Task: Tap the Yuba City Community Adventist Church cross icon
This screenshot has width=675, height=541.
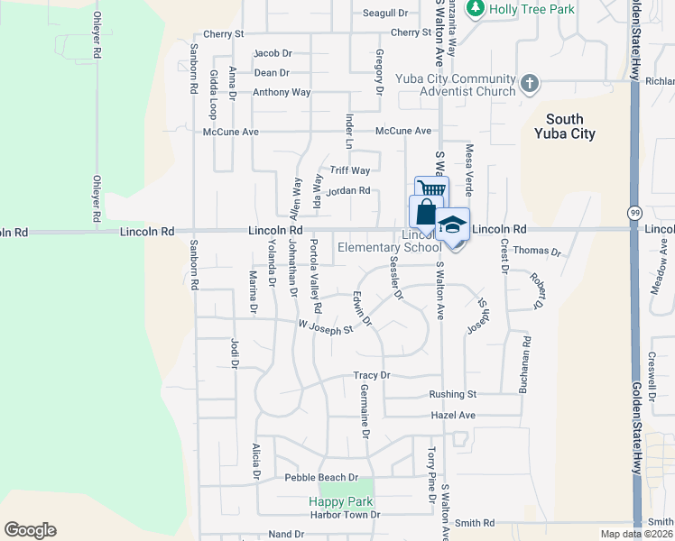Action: click(530, 85)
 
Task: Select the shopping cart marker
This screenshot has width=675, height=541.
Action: click(431, 190)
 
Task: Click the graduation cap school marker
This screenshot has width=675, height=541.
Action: click(452, 225)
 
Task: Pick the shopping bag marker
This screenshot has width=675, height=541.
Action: click(425, 213)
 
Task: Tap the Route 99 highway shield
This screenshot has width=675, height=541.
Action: click(635, 210)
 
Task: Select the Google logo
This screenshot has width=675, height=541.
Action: click(30, 530)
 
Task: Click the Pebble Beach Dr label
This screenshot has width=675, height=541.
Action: click(321, 477)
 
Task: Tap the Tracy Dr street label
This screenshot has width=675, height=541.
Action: click(371, 375)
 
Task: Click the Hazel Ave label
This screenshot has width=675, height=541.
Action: click(453, 415)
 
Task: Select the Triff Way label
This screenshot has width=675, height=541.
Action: click(350, 170)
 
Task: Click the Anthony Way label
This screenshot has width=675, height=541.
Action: click(282, 92)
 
